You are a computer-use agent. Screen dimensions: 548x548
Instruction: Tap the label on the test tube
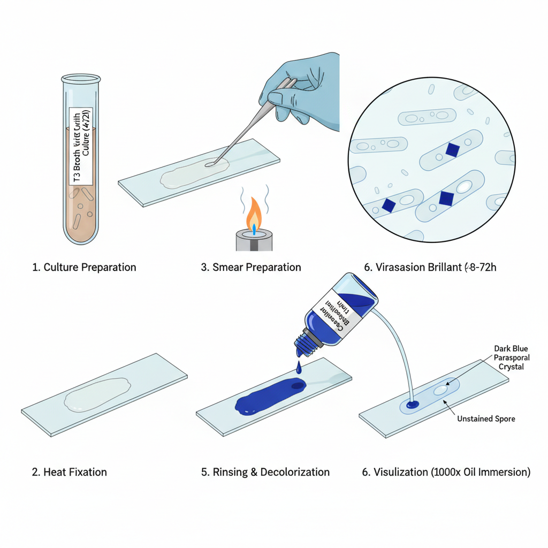(82, 146)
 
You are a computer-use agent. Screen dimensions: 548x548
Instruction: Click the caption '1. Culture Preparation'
(84, 267)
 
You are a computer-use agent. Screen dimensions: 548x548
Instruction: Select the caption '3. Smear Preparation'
(250, 267)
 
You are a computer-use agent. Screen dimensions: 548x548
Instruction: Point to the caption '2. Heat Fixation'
(70, 472)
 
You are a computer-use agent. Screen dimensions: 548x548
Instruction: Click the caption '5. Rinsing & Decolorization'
(265, 472)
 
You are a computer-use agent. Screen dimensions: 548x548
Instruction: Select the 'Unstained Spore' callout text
(486, 418)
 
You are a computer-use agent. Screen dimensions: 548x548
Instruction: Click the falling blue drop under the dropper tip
(298, 367)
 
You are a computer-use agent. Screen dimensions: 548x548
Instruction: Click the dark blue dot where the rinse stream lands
(412, 405)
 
